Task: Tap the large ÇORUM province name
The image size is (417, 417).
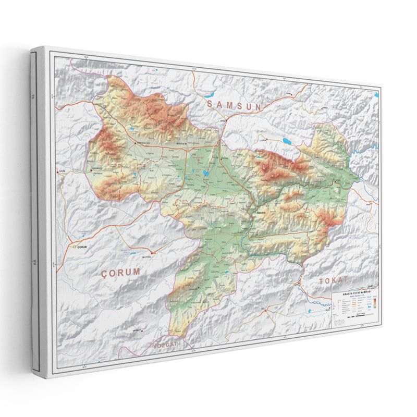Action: coord(121,272)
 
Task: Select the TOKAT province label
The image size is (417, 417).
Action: coord(333,280)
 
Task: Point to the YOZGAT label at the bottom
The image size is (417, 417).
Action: coord(165,346)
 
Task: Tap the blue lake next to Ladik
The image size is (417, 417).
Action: coord(286,141)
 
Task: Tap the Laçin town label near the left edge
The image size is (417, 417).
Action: coord(59,170)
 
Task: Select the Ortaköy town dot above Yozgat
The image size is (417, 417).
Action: coord(138,330)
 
